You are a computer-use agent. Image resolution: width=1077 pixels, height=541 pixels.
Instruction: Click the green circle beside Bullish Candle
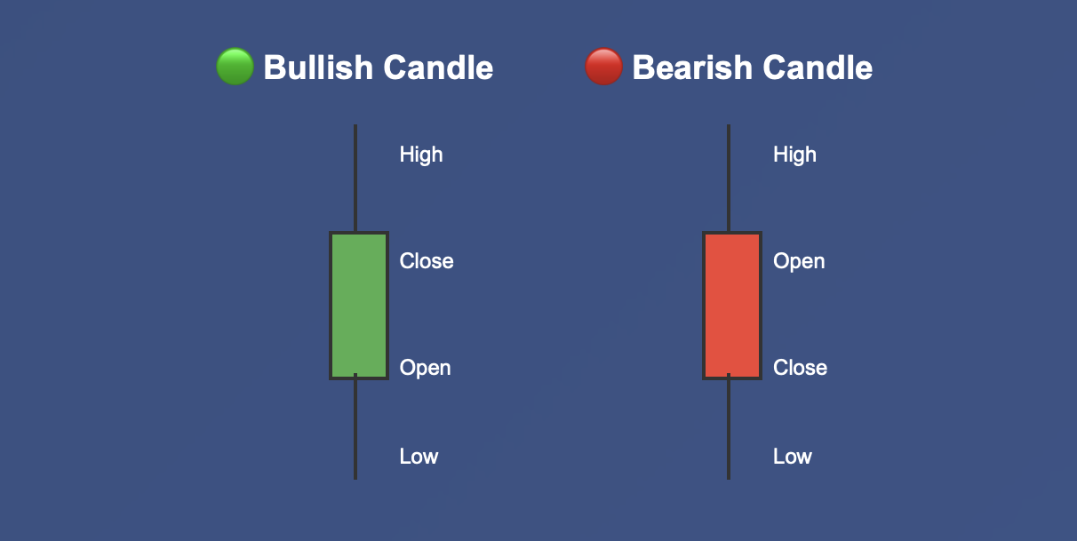point(235,67)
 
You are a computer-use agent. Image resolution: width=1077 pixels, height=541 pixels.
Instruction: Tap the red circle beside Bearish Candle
point(604,67)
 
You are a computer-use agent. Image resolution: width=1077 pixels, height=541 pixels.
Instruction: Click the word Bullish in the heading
point(318,68)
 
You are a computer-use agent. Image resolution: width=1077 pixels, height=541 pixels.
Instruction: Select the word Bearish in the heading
point(692,68)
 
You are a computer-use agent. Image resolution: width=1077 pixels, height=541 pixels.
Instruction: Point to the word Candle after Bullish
point(438,68)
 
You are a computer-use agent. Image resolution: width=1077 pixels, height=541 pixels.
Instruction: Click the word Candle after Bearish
point(818,68)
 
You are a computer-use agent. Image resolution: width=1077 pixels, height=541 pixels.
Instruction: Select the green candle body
point(359,306)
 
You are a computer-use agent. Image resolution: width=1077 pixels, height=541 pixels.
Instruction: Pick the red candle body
point(732,306)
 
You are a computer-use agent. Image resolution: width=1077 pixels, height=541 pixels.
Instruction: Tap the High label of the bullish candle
point(421,155)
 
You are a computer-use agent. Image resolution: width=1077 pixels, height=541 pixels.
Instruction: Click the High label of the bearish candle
point(794,155)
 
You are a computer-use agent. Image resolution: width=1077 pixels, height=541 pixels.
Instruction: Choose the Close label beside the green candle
point(427,261)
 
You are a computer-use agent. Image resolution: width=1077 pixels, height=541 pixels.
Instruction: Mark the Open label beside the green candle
point(425,368)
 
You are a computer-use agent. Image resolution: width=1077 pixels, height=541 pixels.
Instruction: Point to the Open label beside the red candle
point(799,261)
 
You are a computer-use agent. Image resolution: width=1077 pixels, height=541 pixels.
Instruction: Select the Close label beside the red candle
point(800,368)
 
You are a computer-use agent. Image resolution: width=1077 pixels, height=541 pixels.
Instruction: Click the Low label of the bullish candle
point(419,456)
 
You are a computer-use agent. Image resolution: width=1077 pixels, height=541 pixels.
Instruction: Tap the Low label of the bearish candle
point(793,456)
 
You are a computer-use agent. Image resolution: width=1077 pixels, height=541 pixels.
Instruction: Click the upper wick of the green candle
point(355,178)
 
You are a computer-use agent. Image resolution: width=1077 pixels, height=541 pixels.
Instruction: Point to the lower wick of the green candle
point(355,430)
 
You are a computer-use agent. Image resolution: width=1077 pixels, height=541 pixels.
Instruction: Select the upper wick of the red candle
point(729,178)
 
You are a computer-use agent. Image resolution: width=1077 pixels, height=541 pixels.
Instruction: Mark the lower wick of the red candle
point(729,430)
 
